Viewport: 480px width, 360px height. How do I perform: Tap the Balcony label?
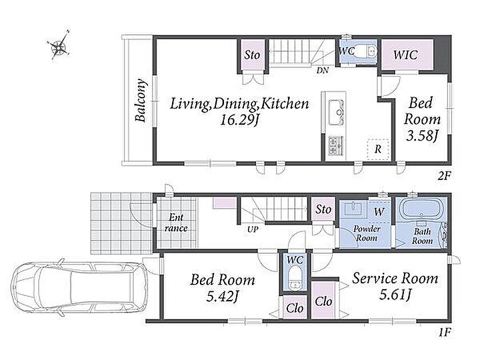(140, 101)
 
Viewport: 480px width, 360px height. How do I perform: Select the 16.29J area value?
(239, 121)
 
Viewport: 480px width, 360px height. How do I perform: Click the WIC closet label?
(405, 55)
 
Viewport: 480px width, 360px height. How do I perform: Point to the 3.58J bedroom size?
(421, 135)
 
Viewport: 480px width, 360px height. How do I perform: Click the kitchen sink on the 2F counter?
(336, 113)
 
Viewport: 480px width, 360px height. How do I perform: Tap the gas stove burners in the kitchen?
(336, 145)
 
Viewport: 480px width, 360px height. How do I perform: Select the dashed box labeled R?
(378, 149)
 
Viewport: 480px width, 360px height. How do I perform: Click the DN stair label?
(322, 70)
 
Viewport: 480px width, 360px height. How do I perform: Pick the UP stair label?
(253, 229)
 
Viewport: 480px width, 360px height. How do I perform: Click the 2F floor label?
(444, 176)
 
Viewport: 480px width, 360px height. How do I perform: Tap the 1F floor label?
(444, 332)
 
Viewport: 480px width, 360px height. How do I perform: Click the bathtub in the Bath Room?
(422, 208)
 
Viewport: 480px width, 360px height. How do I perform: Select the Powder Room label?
(367, 233)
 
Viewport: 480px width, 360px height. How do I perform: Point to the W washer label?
(379, 211)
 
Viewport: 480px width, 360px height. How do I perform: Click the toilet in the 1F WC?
(295, 278)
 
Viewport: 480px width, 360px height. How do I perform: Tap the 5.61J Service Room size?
(395, 295)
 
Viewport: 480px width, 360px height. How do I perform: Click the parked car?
(79, 287)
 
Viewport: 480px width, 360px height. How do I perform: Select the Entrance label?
(176, 223)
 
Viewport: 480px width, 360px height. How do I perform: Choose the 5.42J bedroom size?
(222, 296)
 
